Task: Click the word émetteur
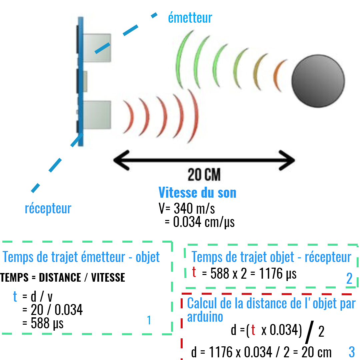point(190,18)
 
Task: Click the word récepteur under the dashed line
point(48,208)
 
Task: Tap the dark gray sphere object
point(318,81)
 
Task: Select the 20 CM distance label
point(204,175)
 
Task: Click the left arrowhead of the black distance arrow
point(122,160)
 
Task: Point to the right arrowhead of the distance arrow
point(287,160)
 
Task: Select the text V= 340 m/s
point(187,208)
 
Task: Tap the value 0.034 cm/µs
point(204,222)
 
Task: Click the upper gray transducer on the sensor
point(97,48)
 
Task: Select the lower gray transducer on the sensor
point(97,115)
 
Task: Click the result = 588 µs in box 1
point(43,323)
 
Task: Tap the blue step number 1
point(149,320)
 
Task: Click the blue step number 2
point(349,278)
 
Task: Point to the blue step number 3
point(352,352)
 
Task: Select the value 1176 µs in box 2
point(278,274)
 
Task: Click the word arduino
point(205,317)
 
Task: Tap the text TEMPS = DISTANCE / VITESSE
point(62,277)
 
